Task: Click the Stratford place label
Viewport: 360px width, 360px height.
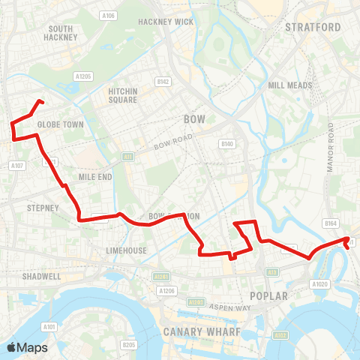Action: (313, 27)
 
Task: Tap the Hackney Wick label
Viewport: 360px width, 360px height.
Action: (166, 22)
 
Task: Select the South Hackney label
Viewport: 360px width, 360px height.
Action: (59, 32)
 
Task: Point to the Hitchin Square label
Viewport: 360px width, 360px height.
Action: (122, 95)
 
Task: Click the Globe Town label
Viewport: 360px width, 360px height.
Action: (55, 125)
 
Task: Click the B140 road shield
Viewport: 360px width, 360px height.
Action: (227, 143)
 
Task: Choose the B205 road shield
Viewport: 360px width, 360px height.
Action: (128, 345)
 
